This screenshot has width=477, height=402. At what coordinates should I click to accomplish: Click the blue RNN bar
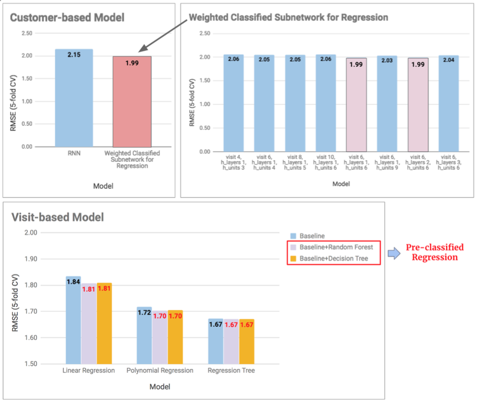74,102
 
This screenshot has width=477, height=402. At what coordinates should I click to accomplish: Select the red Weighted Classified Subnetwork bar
132,107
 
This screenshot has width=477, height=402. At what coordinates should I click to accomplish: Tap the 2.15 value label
74,54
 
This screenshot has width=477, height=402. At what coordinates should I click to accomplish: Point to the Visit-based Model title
57,217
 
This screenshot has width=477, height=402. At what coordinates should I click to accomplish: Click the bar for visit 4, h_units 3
233,107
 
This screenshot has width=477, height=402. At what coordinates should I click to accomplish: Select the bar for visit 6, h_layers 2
418,109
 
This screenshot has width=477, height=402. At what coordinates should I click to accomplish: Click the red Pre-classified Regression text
434,252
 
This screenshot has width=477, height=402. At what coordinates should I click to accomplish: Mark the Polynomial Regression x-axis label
160,371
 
